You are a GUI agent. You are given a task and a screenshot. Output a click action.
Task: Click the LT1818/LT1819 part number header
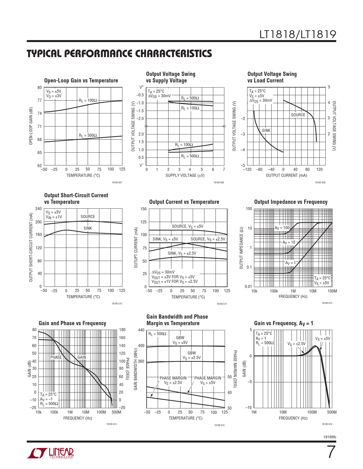[x=298, y=34]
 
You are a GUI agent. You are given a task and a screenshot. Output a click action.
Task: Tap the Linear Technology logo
[x=50, y=453]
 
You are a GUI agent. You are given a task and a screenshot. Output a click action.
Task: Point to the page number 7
[x=331, y=452]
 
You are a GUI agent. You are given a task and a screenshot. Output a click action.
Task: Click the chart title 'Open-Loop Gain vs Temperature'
[x=81, y=80]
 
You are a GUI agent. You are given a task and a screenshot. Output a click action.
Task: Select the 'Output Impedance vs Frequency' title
[x=291, y=202]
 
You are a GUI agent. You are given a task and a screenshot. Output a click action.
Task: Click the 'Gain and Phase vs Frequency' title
[x=72, y=323]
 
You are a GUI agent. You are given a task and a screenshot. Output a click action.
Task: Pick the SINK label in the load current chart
[x=266, y=130]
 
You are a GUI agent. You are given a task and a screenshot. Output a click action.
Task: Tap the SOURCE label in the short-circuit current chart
[x=88, y=217]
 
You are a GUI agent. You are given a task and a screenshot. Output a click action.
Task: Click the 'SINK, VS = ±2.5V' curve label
[x=182, y=253]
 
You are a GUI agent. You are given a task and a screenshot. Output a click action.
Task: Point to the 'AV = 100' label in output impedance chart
[x=282, y=228]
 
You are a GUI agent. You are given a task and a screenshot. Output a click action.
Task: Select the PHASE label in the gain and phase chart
[x=56, y=357]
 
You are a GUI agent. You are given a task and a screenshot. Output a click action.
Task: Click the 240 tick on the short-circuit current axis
[x=38, y=209]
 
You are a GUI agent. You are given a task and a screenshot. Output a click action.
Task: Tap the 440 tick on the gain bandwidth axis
[x=141, y=330]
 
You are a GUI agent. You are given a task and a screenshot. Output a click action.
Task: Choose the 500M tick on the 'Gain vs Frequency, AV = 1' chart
[x=332, y=412]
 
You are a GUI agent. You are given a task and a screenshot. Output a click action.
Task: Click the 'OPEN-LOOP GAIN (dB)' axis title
[x=31, y=126]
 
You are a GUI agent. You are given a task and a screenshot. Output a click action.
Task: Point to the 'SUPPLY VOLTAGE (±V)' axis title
[x=185, y=175]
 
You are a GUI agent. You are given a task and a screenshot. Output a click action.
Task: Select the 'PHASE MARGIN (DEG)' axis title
[x=235, y=369]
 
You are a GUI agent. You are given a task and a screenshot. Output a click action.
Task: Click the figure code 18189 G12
[x=327, y=303]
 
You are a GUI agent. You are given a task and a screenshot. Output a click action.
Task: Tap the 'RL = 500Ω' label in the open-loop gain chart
[x=88, y=135]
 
